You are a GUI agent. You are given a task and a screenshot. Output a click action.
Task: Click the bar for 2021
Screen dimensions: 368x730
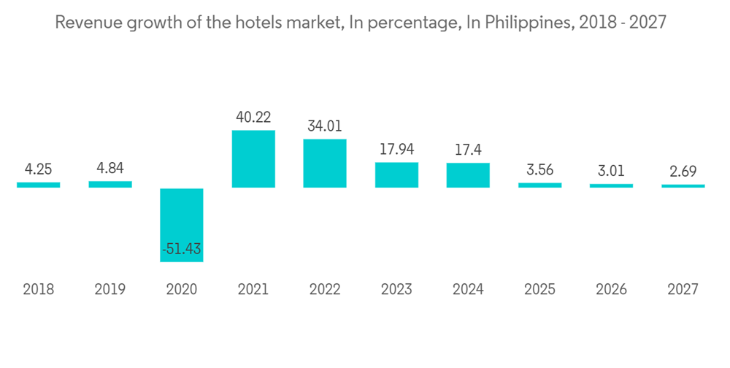pos(253,158)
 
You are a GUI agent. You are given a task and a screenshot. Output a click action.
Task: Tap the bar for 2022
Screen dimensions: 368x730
pos(325,163)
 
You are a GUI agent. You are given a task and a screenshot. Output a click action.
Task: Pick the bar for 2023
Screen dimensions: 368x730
pos(396,175)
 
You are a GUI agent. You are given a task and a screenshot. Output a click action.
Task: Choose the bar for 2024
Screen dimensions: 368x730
pos(468,175)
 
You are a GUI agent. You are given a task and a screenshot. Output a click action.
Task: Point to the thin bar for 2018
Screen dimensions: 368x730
pos(39,185)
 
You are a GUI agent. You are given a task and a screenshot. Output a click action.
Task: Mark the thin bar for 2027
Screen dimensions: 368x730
pos(683,186)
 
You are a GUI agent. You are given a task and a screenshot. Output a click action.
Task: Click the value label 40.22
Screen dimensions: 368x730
pos(253,117)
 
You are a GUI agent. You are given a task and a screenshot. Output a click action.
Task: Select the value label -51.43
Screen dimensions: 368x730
pos(182,249)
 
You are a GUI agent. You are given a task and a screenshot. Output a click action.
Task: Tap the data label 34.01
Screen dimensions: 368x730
pos(325,126)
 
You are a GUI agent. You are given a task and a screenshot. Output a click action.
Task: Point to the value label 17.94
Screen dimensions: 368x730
pos(396,149)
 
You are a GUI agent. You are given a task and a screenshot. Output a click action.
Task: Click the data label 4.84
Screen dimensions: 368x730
pos(110,168)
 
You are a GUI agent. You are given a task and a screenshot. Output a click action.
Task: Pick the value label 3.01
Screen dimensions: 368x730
pos(611,172)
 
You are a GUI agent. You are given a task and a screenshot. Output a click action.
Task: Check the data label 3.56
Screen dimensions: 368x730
pos(539,170)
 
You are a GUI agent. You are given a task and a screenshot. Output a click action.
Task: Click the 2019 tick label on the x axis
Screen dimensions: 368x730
pos(110,290)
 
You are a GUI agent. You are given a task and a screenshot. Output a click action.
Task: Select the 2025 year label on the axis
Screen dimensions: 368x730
pos(539,290)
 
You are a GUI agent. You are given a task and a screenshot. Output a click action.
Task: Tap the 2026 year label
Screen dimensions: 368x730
pos(611,290)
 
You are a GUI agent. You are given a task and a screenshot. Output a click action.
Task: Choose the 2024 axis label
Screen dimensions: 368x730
pos(468,290)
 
